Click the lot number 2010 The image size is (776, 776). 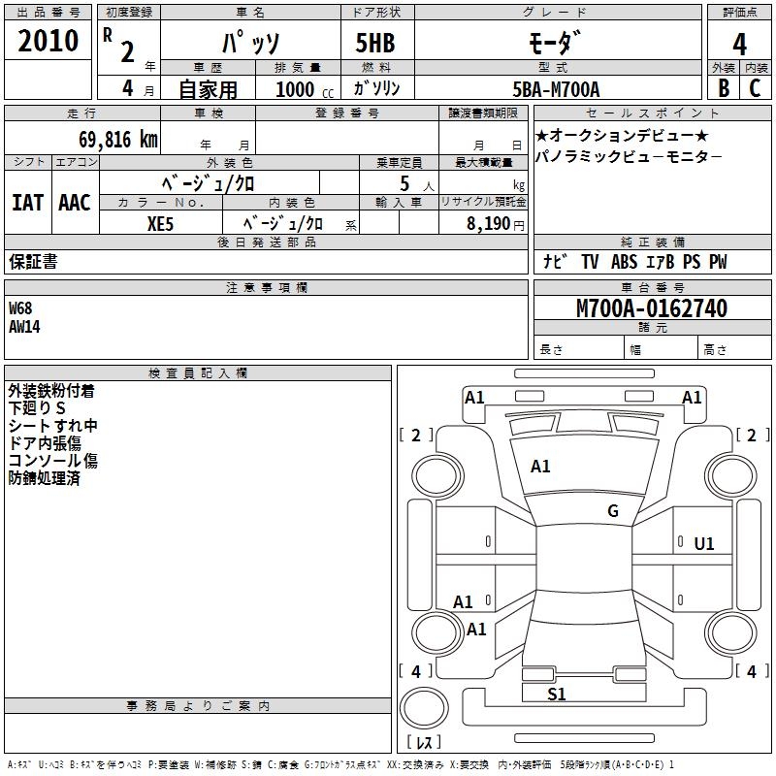click(x=48, y=41)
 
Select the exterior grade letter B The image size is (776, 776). click(x=723, y=88)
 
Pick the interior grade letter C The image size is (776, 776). click(x=756, y=88)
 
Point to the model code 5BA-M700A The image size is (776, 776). click(x=556, y=89)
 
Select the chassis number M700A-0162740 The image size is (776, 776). click(x=652, y=309)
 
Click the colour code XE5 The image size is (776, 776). click(x=162, y=223)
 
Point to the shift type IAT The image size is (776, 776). click(x=27, y=203)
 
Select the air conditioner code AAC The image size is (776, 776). click(x=74, y=203)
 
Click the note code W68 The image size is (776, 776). click(x=20, y=308)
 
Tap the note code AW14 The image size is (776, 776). click(x=25, y=327)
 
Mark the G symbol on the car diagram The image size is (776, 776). click(x=613, y=511)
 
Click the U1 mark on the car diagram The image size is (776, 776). click(x=704, y=544)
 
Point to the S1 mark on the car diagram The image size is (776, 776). click(x=557, y=694)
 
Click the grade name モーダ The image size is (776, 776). click(x=556, y=45)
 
